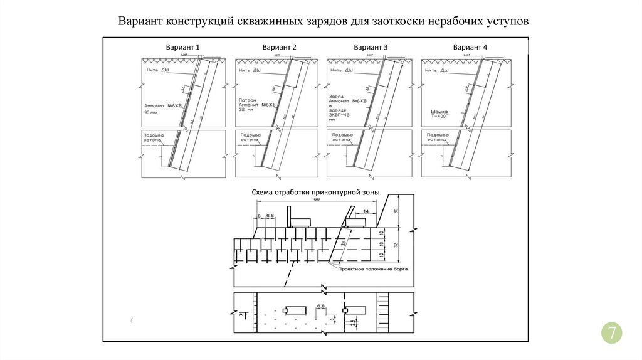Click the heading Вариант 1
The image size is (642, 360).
(182, 48)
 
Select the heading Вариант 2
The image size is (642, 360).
(279, 48)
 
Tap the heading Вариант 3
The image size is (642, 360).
(371, 48)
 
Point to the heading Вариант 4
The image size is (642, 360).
(470, 48)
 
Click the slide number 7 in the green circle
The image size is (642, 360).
(611, 332)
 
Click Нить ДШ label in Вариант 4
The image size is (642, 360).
(436, 71)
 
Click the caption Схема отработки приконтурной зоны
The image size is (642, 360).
(316, 193)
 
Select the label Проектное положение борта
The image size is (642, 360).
(372, 268)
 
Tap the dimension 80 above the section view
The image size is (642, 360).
(317, 199)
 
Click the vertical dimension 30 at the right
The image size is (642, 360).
(396, 211)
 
